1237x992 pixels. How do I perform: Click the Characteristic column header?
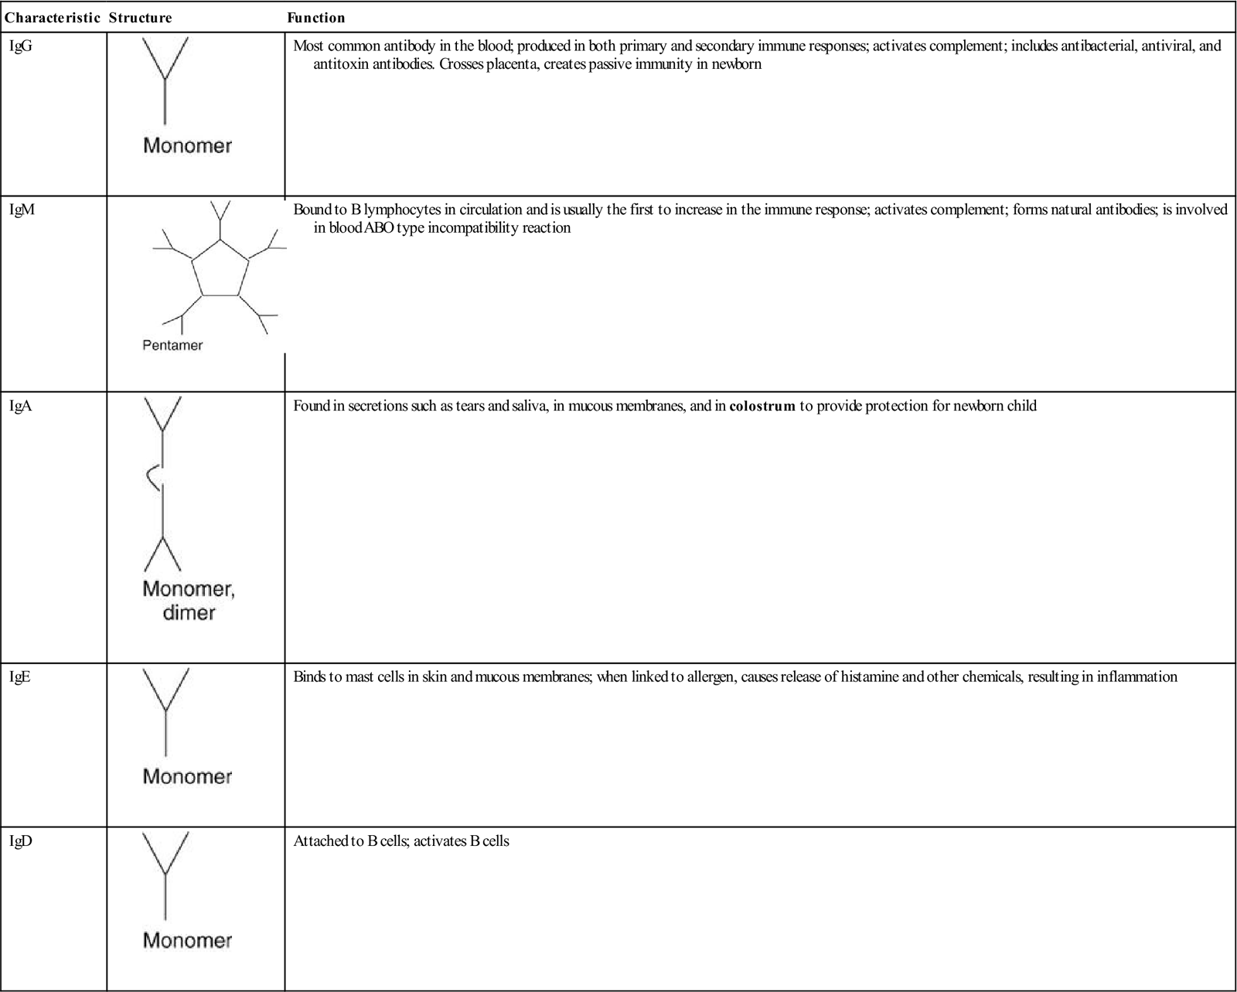click(x=52, y=18)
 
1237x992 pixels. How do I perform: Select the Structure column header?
click(x=140, y=18)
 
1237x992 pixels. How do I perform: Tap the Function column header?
click(x=315, y=18)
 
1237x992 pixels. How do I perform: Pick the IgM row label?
click(x=22, y=210)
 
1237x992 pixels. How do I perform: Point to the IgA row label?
click(x=21, y=406)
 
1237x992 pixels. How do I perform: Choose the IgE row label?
click(x=20, y=677)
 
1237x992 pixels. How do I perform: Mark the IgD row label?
click(x=21, y=841)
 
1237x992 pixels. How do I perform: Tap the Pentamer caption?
click(x=172, y=346)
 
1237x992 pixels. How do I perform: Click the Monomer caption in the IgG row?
click(x=187, y=145)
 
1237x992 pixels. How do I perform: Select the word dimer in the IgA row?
click(x=189, y=613)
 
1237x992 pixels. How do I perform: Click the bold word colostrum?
click(x=762, y=406)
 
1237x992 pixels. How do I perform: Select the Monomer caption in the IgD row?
click(x=187, y=940)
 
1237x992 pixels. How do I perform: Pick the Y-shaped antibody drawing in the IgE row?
click(x=166, y=711)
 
